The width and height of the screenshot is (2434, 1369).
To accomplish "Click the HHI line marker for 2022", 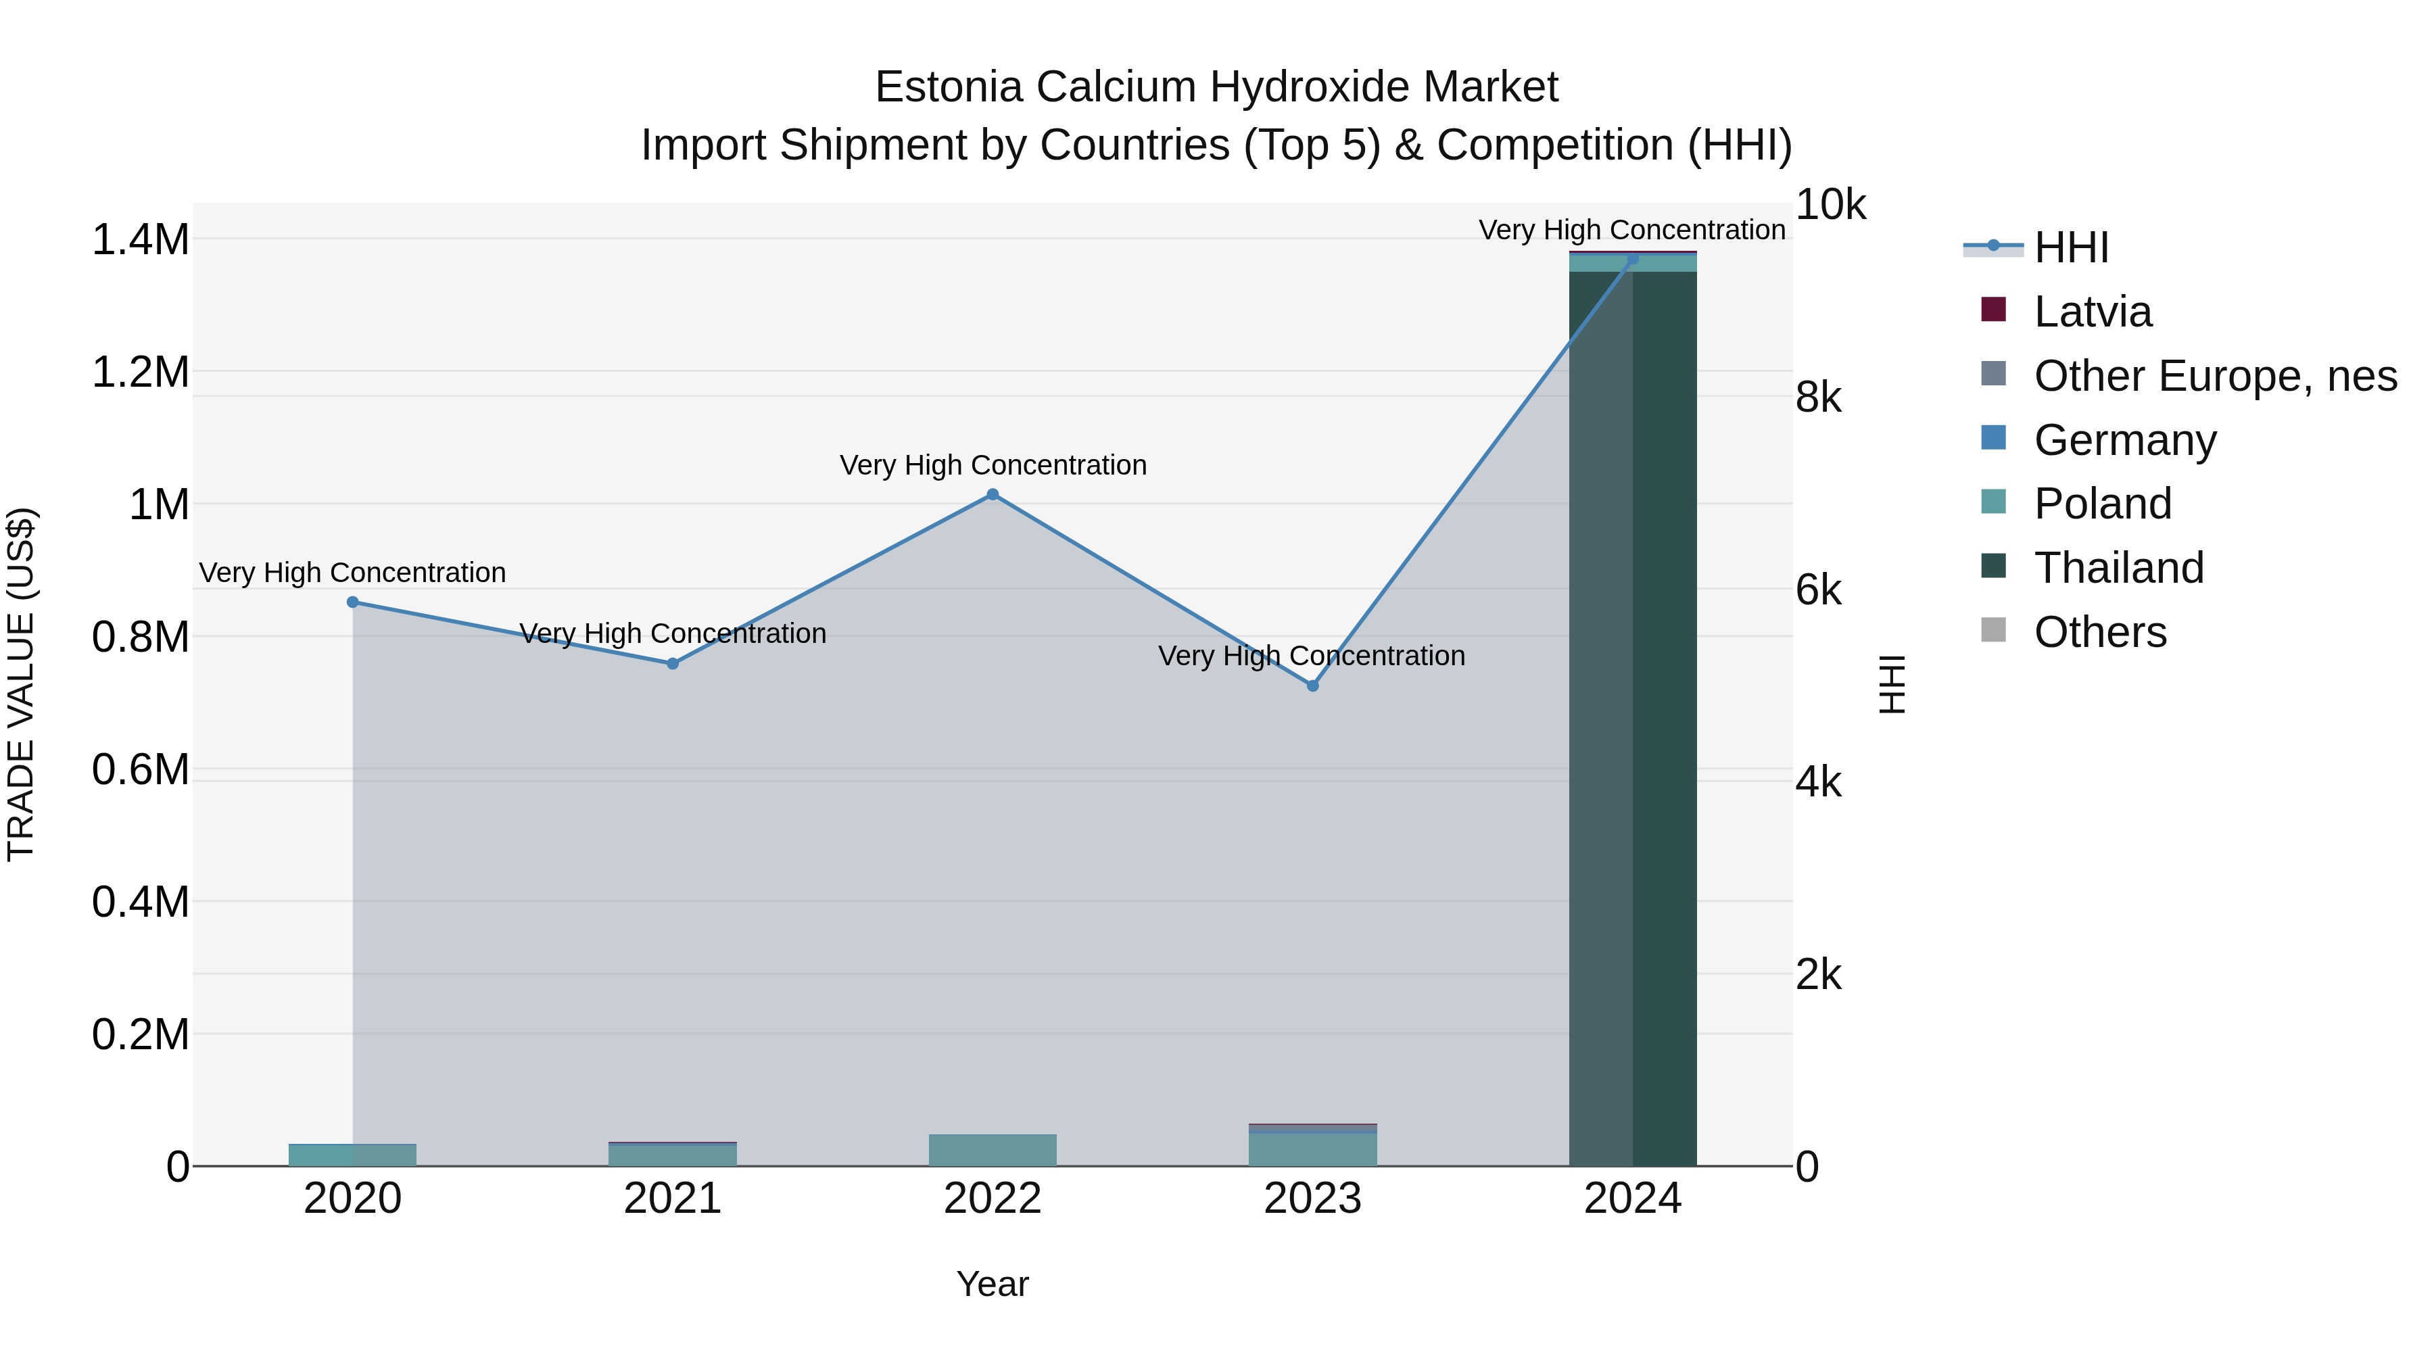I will pos(992,494).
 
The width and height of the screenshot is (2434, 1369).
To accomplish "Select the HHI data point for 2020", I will pos(352,602).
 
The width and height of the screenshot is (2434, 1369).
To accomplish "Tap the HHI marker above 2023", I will pos(1312,686).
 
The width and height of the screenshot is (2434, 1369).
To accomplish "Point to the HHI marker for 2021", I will pos(673,664).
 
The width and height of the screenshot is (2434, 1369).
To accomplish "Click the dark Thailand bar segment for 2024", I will pos(1633,718).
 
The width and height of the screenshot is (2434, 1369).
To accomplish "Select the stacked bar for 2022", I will pos(992,1150).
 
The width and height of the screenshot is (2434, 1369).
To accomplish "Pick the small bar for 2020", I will pos(352,1155).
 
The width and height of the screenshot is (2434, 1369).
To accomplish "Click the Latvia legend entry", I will pos(2092,312).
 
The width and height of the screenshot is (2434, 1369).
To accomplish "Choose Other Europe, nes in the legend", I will pos(2215,376).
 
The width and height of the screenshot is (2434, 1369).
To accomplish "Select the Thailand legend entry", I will pos(2118,568).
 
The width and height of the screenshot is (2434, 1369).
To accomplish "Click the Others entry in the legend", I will pos(2099,632).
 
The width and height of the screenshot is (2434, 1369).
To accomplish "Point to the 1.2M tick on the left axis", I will pos(140,373).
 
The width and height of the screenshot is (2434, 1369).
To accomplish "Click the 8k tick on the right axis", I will pos(1819,398).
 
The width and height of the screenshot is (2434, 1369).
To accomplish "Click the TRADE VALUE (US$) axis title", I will pos(21,684).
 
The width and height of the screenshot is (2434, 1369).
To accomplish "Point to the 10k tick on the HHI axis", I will pos(1830,205).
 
